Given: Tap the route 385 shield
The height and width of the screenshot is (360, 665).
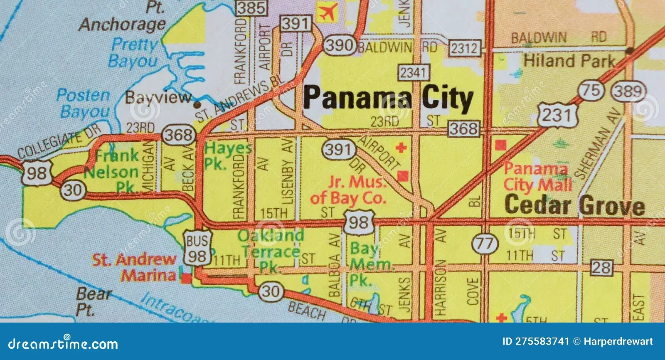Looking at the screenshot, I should coord(251,7).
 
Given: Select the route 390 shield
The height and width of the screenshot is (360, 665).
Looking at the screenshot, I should coord(340,45).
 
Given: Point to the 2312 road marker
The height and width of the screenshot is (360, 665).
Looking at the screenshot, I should coord(465,48).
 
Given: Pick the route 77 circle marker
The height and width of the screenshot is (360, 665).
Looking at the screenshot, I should coord(485,243).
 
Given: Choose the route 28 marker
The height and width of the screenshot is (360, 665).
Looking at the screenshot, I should coord(601,267).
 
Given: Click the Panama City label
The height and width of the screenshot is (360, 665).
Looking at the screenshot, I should coord(388,98).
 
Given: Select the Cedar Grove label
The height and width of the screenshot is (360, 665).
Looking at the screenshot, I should coord(574,205).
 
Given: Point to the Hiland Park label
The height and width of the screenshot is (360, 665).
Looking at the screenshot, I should coord(569,61).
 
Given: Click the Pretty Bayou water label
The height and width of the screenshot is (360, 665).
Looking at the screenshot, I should coord(134,52).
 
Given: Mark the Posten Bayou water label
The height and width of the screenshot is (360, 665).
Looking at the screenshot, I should coord(84,103).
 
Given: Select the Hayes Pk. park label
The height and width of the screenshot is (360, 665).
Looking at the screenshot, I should coord(227,155).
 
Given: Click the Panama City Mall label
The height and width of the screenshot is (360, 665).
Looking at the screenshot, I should coord(537,177).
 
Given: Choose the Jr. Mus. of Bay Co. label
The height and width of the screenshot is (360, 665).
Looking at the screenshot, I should coord(349,190).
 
